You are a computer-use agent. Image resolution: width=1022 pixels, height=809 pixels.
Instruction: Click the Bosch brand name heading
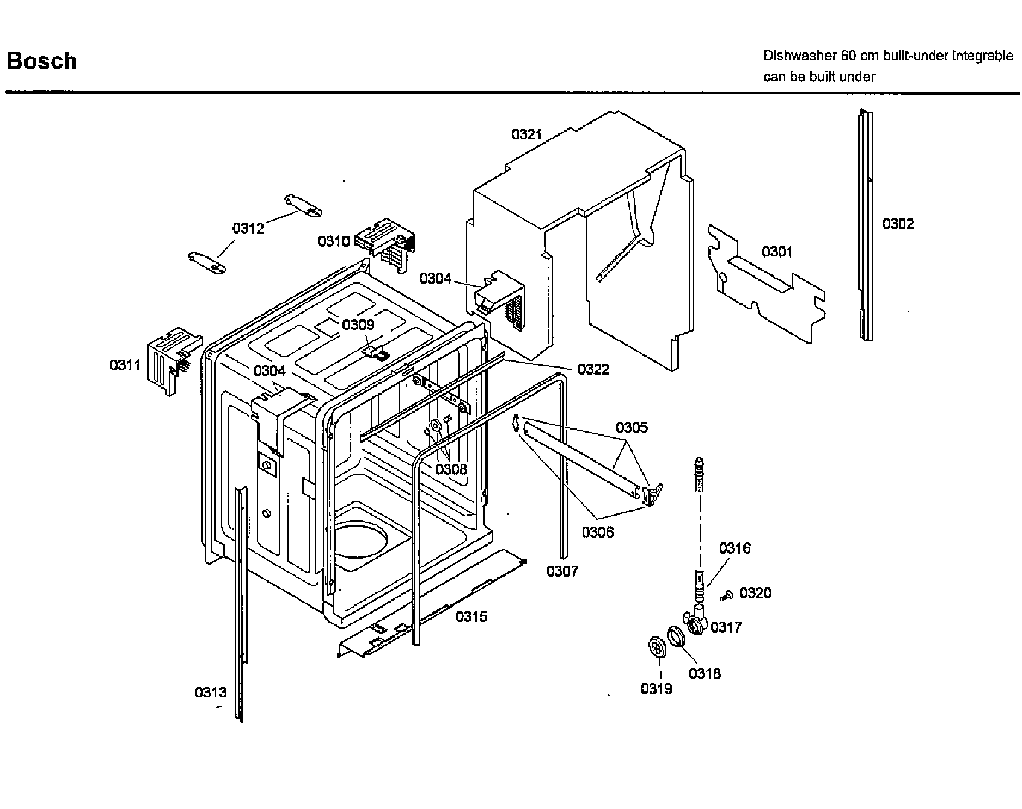(x=42, y=61)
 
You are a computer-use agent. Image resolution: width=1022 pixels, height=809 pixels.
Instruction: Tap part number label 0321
(x=526, y=134)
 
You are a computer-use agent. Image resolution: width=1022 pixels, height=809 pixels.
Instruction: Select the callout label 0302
(x=898, y=224)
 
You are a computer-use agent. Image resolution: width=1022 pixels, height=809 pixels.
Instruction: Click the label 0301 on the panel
(x=777, y=252)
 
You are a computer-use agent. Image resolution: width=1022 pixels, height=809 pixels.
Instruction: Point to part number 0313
(x=210, y=693)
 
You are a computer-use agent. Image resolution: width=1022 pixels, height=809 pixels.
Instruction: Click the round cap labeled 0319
(x=656, y=647)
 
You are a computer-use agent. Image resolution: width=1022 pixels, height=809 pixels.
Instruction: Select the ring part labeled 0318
(x=676, y=636)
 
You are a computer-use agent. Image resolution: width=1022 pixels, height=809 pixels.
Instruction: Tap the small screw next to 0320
(x=726, y=596)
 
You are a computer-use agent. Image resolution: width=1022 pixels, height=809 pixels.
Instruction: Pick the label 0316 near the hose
(x=735, y=548)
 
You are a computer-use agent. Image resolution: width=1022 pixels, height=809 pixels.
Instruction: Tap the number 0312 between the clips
(x=248, y=229)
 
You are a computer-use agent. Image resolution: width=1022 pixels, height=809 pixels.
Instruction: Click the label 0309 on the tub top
(x=358, y=325)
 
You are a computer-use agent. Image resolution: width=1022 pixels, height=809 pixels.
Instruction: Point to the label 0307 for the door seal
(x=562, y=571)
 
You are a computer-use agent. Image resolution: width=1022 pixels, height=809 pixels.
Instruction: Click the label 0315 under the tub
(x=471, y=617)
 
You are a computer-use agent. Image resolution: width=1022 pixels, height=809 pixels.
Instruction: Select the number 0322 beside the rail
(x=593, y=369)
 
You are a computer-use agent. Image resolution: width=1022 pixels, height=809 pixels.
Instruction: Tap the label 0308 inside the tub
(x=452, y=469)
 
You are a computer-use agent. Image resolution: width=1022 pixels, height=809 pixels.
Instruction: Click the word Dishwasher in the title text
(x=799, y=56)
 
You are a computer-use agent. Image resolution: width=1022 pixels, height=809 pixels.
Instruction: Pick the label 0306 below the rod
(x=598, y=532)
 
